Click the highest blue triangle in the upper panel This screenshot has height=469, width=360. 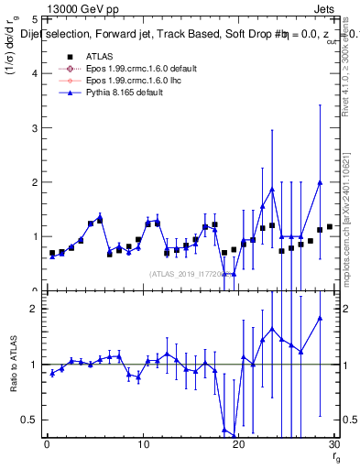tap(320, 182)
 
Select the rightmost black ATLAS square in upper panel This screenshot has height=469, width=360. tap(329, 226)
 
